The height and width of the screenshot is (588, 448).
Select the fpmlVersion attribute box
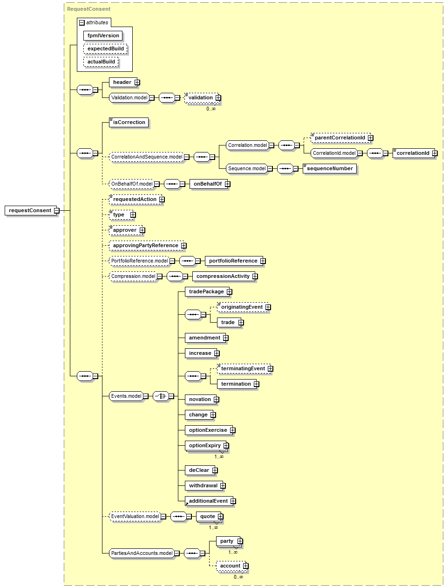pyautogui.click(x=103, y=35)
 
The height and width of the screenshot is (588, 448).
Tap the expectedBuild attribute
pyautogui.click(x=105, y=49)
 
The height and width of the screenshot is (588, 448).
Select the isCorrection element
pyautogui.click(x=129, y=123)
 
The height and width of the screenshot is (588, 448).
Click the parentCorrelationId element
pyautogui.click(x=340, y=138)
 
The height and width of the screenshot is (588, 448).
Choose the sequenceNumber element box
pyautogui.click(x=330, y=168)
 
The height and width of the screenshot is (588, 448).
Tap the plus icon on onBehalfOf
pyautogui.click(x=227, y=184)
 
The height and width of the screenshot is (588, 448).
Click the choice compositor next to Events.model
pyautogui.click(x=161, y=396)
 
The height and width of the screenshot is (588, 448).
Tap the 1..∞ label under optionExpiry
pyautogui.click(x=219, y=457)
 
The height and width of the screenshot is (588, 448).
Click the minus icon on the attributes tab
pyautogui.click(x=82, y=23)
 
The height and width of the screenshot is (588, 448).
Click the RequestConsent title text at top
pyautogui.click(x=88, y=9)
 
